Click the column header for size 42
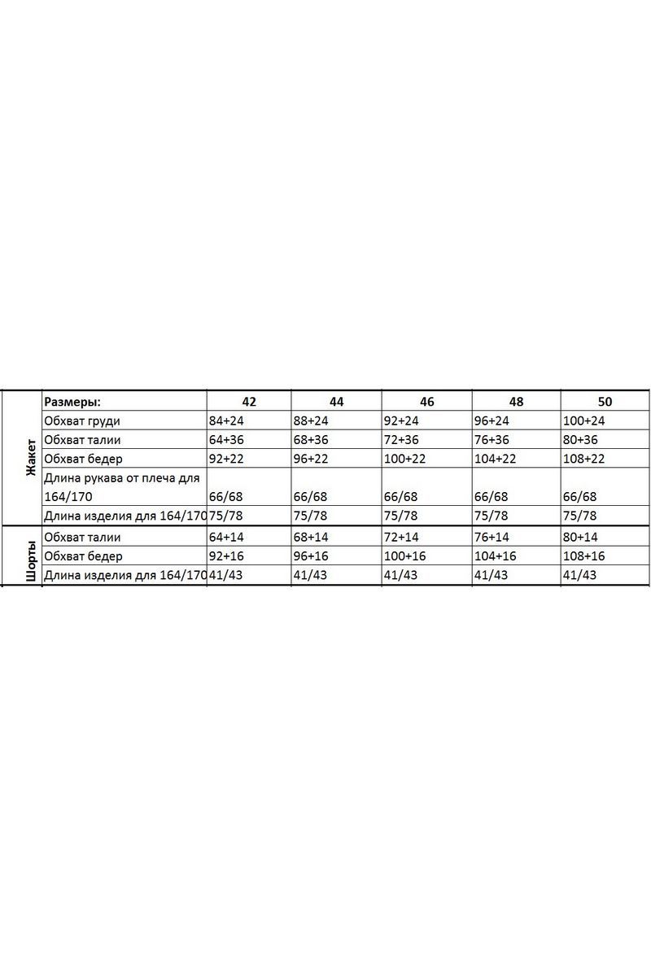pyautogui.click(x=249, y=402)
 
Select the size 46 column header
pyautogui.click(x=427, y=402)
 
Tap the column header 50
pyautogui.click(x=605, y=402)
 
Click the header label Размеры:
pyautogui.click(x=73, y=402)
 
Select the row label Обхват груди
pyautogui.click(x=82, y=420)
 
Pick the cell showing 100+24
pyautogui.click(x=583, y=420)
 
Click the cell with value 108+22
pyautogui.click(x=583, y=458)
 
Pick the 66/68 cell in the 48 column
pyautogui.click(x=492, y=496)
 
